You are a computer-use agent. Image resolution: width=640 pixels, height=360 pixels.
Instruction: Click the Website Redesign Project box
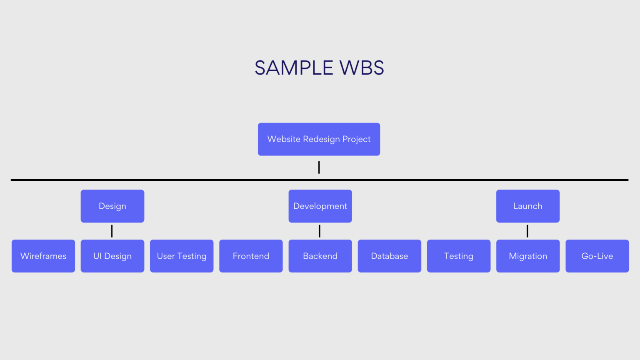pos(319,139)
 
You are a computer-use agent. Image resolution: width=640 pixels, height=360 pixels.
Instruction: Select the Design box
pos(112,206)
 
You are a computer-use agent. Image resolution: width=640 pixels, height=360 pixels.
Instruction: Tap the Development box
pos(320,206)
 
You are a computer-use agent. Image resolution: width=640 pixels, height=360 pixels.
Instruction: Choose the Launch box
pos(527,206)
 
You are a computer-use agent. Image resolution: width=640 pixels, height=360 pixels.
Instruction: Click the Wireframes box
pos(43,256)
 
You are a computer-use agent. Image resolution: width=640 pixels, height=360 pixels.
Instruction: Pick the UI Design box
pos(112,256)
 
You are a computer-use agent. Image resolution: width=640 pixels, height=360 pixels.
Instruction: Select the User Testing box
pos(182,256)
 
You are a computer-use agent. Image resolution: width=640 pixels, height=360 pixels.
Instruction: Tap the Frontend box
pos(251,256)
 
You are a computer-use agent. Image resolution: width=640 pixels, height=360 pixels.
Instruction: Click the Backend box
pos(320,256)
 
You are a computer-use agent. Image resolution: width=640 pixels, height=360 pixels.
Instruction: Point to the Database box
pos(389,256)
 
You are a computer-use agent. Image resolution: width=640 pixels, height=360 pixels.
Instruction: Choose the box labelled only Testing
pos(458,256)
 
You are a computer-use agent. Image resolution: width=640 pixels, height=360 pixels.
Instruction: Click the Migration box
pos(527,256)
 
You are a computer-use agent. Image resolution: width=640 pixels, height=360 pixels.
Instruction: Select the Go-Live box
pos(597,256)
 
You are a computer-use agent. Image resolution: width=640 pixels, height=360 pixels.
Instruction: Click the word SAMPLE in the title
pos(294,68)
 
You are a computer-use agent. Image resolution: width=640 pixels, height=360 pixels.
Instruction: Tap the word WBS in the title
pos(362,68)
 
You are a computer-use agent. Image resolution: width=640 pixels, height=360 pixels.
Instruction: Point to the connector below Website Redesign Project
pos(319,167)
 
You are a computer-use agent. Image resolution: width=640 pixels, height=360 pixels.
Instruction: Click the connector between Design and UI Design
pos(112,231)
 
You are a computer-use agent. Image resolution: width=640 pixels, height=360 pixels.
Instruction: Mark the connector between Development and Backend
pos(320,231)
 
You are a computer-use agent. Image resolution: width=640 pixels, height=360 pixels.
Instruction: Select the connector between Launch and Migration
pos(527,231)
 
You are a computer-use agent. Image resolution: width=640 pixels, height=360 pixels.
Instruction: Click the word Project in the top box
pos(356,139)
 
